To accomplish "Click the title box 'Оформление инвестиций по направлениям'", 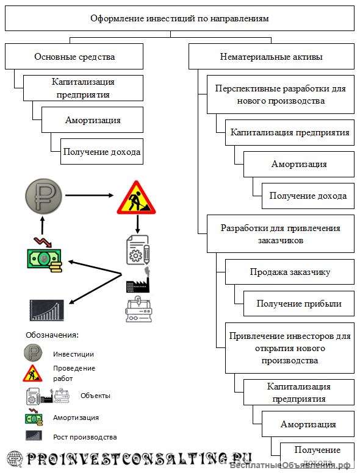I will tap(179, 18).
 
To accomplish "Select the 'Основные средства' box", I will tap(74, 57).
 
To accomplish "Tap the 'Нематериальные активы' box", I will tap(271, 57).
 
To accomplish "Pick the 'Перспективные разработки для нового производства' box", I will tap(280, 94).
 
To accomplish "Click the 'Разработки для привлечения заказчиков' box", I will tap(280, 234).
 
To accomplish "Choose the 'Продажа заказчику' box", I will tap(289, 272).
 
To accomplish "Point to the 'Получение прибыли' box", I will tap(298, 303).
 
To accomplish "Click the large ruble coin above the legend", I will tap(43, 196).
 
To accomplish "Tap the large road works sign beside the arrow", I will tap(136, 197).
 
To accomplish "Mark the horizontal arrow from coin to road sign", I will tap(89, 196).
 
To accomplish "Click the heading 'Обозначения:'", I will tap(52, 335).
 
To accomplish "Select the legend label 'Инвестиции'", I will tap(73, 354).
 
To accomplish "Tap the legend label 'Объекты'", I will tap(95, 396).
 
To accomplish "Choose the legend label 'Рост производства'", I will tap(84, 436).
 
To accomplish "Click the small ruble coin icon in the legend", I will tap(33, 353).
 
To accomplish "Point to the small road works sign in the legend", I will tap(33, 373).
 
